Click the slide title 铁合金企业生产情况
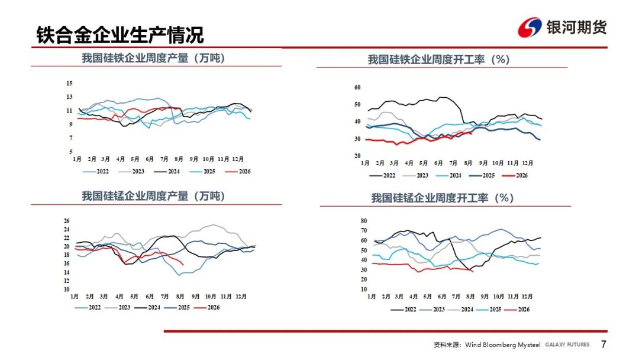pos(120,35)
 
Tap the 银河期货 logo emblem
pos(530,28)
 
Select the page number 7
pos(603,345)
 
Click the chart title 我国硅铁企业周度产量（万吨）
pos(154,58)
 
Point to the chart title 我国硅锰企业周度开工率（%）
pos(443,198)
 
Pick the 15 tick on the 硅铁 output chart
pos(69,83)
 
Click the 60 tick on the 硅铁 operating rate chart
pos(357,87)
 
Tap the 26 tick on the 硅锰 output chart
pos(66,221)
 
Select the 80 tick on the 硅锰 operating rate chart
pos(364,221)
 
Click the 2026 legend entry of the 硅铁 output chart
pos(238,172)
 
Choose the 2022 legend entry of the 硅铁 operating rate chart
pos(382,176)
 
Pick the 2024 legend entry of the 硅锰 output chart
pos(147,308)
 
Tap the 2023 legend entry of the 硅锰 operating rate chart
pos(432,310)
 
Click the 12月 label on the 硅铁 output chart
pos(238,159)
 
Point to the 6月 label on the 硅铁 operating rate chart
pos(438,163)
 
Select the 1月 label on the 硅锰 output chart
pos(74,297)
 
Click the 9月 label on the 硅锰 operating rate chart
pos(485,297)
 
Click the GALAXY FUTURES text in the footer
pos(567,345)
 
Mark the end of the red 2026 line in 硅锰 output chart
pos(183,265)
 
